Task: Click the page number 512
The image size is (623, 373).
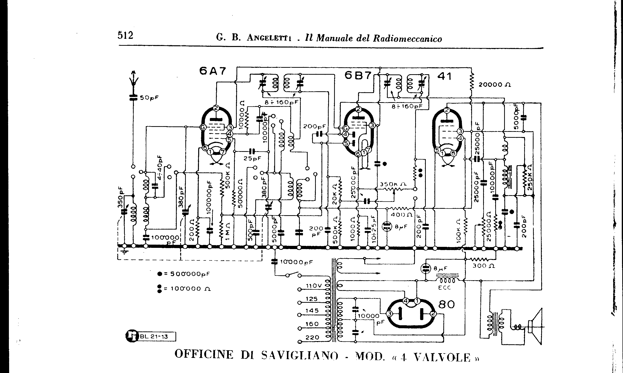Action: coord(125,35)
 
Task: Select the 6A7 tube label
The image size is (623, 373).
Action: coord(213,71)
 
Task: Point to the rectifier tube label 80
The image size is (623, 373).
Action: coord(447,305)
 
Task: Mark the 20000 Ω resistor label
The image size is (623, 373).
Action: coord(494,85)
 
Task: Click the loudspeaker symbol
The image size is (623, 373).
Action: coord(535,327)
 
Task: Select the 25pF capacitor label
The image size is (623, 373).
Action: coord(252,158)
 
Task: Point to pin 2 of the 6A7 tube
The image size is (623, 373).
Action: coord(216,108)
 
